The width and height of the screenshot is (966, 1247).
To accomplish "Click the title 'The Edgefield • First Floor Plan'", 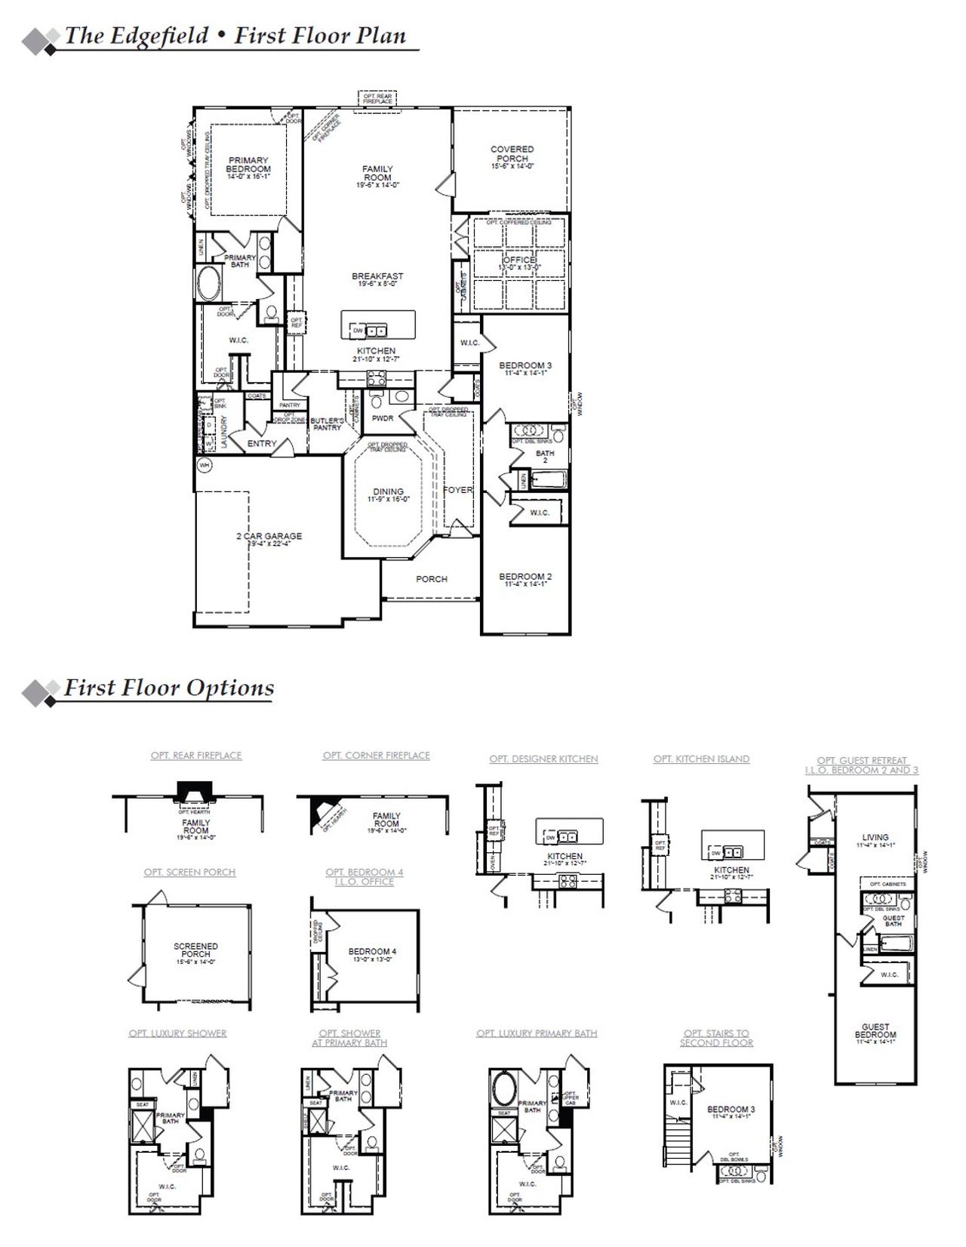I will [x=235, y=35].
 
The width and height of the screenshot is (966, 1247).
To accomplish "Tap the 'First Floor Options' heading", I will [x=168, y=688].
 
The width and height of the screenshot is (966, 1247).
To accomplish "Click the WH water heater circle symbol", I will [x=204, y=466].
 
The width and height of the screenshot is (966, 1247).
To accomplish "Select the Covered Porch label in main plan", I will [x=512, y=154].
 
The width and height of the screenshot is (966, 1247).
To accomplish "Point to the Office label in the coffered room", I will [x=518, y=260].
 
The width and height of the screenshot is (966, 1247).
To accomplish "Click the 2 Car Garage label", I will [x=269, y=536].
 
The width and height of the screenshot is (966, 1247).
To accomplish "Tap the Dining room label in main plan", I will [x=388, y=491].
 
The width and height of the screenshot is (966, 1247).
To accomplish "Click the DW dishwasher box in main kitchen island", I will [x=358, y=331].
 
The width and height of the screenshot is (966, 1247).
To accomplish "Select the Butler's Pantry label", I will [x=327, y=423].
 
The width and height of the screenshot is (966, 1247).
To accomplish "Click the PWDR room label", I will [x=383, y=418].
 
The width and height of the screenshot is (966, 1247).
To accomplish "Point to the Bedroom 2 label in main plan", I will [x=525, y=577].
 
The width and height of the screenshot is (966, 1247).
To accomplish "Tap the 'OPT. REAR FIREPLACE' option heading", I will [x=196, y=755].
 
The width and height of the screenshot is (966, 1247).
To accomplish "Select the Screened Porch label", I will [x=195, y=950].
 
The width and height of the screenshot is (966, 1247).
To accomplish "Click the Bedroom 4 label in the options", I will [x=372, y=951].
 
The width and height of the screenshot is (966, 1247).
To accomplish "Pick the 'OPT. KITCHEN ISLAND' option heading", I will [x=701, y=759].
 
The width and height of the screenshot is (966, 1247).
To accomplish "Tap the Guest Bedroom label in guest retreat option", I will [x=875, y=1030].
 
